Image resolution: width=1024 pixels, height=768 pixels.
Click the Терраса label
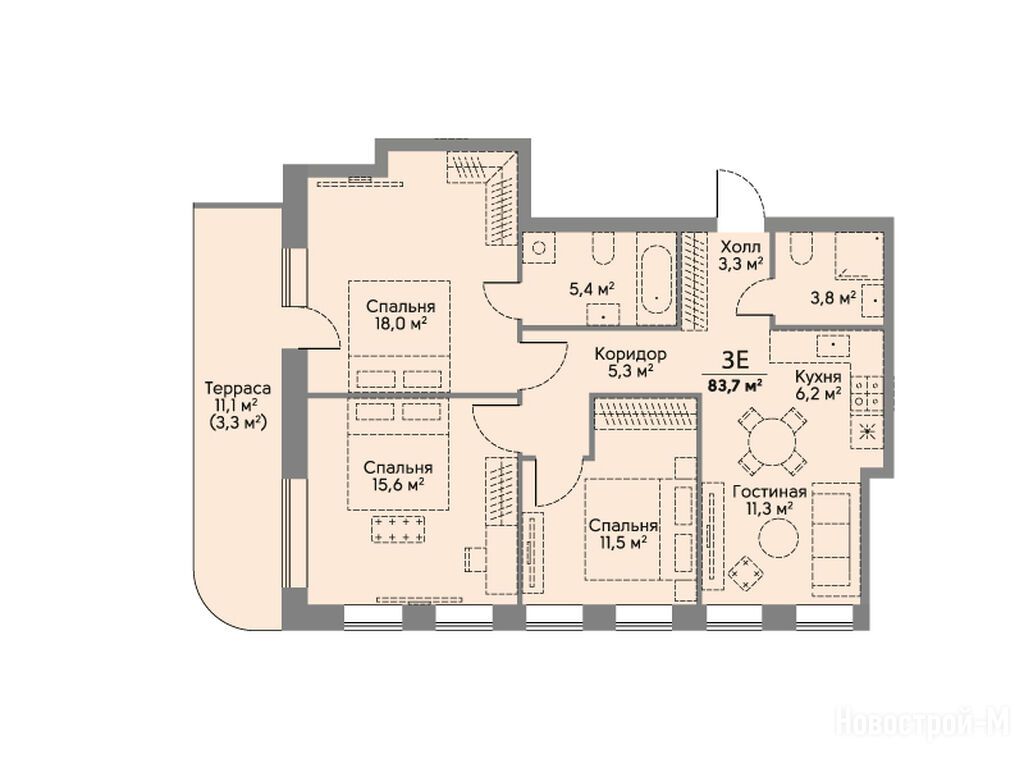[x=237, y=388]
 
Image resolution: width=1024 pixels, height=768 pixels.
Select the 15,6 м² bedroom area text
[x=398, y=485]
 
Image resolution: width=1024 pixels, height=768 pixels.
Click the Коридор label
[x=630, y=355]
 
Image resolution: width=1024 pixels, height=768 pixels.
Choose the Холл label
[x=741, y=248]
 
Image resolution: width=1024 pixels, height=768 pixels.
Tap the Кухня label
[x=817, y=377]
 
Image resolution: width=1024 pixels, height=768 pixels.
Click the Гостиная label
[x=769, y=492]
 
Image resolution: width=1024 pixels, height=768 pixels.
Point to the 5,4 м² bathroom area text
[x=593, y=289]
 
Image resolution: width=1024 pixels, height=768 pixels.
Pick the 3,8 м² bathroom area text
[x=833, y=298]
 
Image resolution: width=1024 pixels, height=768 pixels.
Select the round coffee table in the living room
[x=778, y=537]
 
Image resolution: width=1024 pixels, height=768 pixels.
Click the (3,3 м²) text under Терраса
[x=237, y=423]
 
